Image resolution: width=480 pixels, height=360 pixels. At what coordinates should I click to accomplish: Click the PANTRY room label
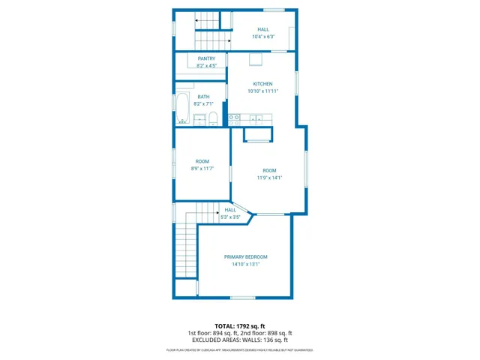[x=206, y=58]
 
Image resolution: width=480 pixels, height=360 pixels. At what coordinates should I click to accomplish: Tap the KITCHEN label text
[x=262, y=83]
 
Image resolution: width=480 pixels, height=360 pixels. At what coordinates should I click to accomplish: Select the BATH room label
[x=204, y=97]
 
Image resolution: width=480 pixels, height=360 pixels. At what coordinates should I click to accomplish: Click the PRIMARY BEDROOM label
[x=245, y=256]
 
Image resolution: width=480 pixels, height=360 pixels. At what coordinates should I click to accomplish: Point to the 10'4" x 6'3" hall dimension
[x=263, y=37]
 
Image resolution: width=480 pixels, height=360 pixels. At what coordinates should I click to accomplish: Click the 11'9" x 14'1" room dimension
[x=269, y=178]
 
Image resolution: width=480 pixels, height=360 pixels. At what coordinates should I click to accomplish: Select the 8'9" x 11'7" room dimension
[x=202, y=169]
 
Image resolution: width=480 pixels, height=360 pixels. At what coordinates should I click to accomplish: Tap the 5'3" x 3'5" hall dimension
[x=230, y=217]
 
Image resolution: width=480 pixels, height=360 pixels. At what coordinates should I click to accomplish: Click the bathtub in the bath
[x=183, y=109]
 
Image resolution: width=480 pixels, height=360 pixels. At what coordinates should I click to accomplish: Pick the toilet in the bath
[x=213, y=118]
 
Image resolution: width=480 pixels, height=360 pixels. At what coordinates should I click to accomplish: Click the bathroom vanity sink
[x=199, y=119]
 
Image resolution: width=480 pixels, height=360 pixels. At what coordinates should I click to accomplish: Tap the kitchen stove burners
[x=235, y=118]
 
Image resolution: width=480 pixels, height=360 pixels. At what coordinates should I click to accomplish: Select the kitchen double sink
[x=256, y=118]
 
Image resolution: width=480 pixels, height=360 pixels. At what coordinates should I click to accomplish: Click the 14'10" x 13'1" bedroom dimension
[x=245, y=264]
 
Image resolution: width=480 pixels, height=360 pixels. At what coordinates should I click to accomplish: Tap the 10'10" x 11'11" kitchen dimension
[x=262, y=91]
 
